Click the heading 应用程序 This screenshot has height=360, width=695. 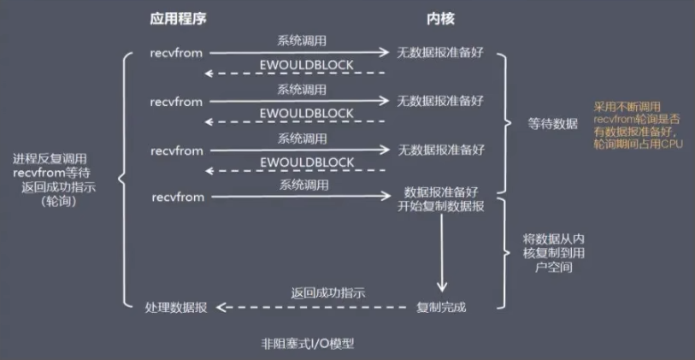pyautogui.click(x=178, y=19)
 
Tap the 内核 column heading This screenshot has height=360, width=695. pyautogui.click(x=441, y=19)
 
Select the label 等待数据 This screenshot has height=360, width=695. pyautogui.click(x=553, y=124)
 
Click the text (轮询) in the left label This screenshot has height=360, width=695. pyautogui.click(x=58, y=202)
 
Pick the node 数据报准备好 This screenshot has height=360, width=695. pyautogui.click(x=441, y=193)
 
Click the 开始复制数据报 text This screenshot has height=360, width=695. pyautogui.click(x=441, y=207)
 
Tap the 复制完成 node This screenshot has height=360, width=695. pyautogui.click(x=441, y=307)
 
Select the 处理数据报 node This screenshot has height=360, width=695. pyautogui.click(x=176, y=307)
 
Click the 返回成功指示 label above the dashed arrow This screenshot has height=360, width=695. pyautogui.click(x=328, y=293)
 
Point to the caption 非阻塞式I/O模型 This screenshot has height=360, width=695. pyautogui.click(x=308, y=344)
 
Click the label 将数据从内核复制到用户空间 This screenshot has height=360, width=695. pyautogui.click(x=553, y=254)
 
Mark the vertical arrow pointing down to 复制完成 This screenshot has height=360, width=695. pyautogui.click(x=441, y=253)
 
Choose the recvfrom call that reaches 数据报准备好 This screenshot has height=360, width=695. pyautogui.click(x=178, y=197)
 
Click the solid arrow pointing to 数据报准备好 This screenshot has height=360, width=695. pyautogui.click(x=301, y=197)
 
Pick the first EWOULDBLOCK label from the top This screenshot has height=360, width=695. pyautogui.click(x=307, y=65)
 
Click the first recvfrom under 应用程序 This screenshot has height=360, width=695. pyautogui.click(x=176, y=53)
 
